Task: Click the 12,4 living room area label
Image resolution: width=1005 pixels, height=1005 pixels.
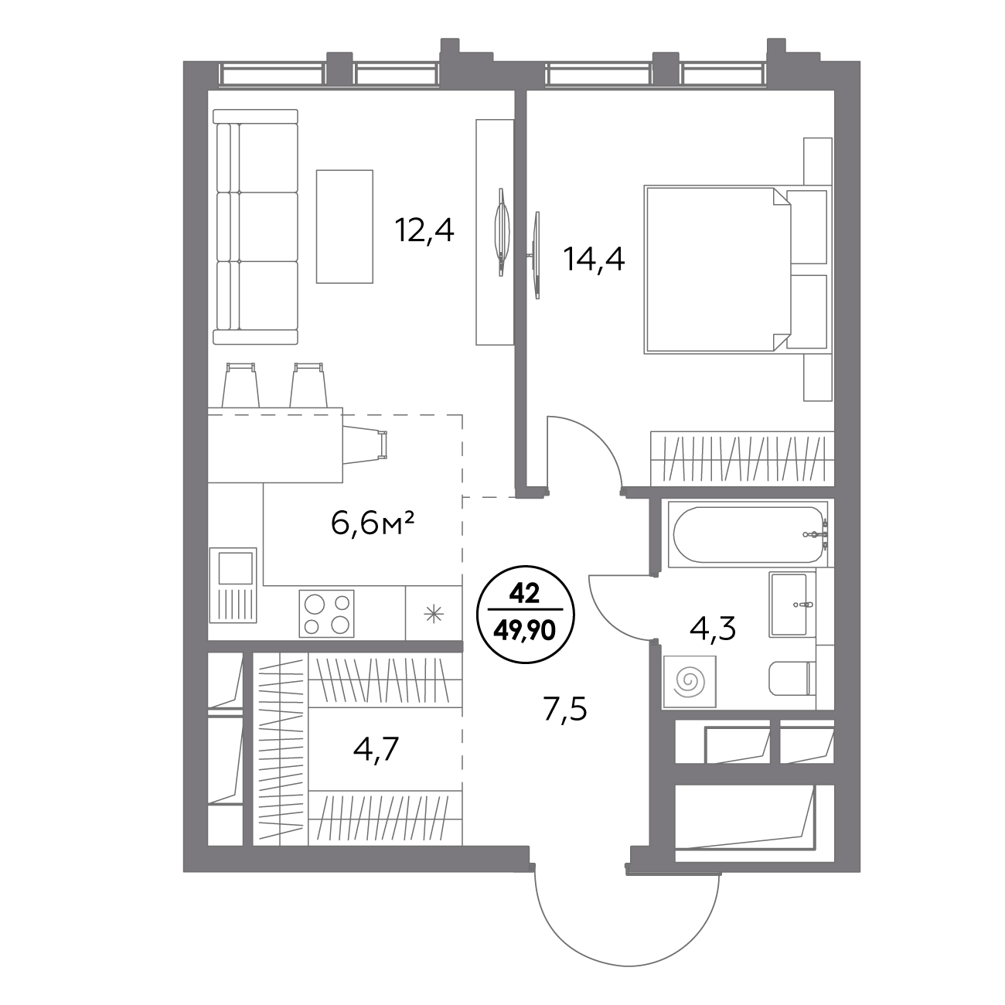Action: pos(424,230)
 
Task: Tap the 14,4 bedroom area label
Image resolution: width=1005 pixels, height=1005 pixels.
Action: pos(594,260)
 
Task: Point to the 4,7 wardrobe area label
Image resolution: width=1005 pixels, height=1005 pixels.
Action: pos(376,749)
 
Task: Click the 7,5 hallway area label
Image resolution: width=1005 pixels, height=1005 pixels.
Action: pos(565,709)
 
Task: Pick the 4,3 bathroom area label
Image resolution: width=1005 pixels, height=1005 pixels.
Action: pos(713,629)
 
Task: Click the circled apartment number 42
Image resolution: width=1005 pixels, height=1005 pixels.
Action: pos(525,594)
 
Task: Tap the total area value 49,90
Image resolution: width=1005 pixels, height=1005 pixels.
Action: pos(525,632)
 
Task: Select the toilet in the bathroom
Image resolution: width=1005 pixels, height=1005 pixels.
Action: pos(792,679)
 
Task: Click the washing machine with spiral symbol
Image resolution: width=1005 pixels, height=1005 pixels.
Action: pos(689,681)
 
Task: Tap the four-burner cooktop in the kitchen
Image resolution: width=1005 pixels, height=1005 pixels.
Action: pos(326,613)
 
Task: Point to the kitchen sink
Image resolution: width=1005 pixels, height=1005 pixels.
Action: pos(233,585)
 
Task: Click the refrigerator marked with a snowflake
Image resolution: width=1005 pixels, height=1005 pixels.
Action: pos(434,613)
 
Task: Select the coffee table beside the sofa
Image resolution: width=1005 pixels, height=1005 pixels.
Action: pos(344,227)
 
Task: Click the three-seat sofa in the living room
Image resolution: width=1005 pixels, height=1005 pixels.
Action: pos(256,227)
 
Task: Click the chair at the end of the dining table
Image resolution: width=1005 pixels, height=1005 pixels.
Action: pos(366,445)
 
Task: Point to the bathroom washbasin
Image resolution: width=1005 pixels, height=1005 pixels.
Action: pos(792,605)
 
